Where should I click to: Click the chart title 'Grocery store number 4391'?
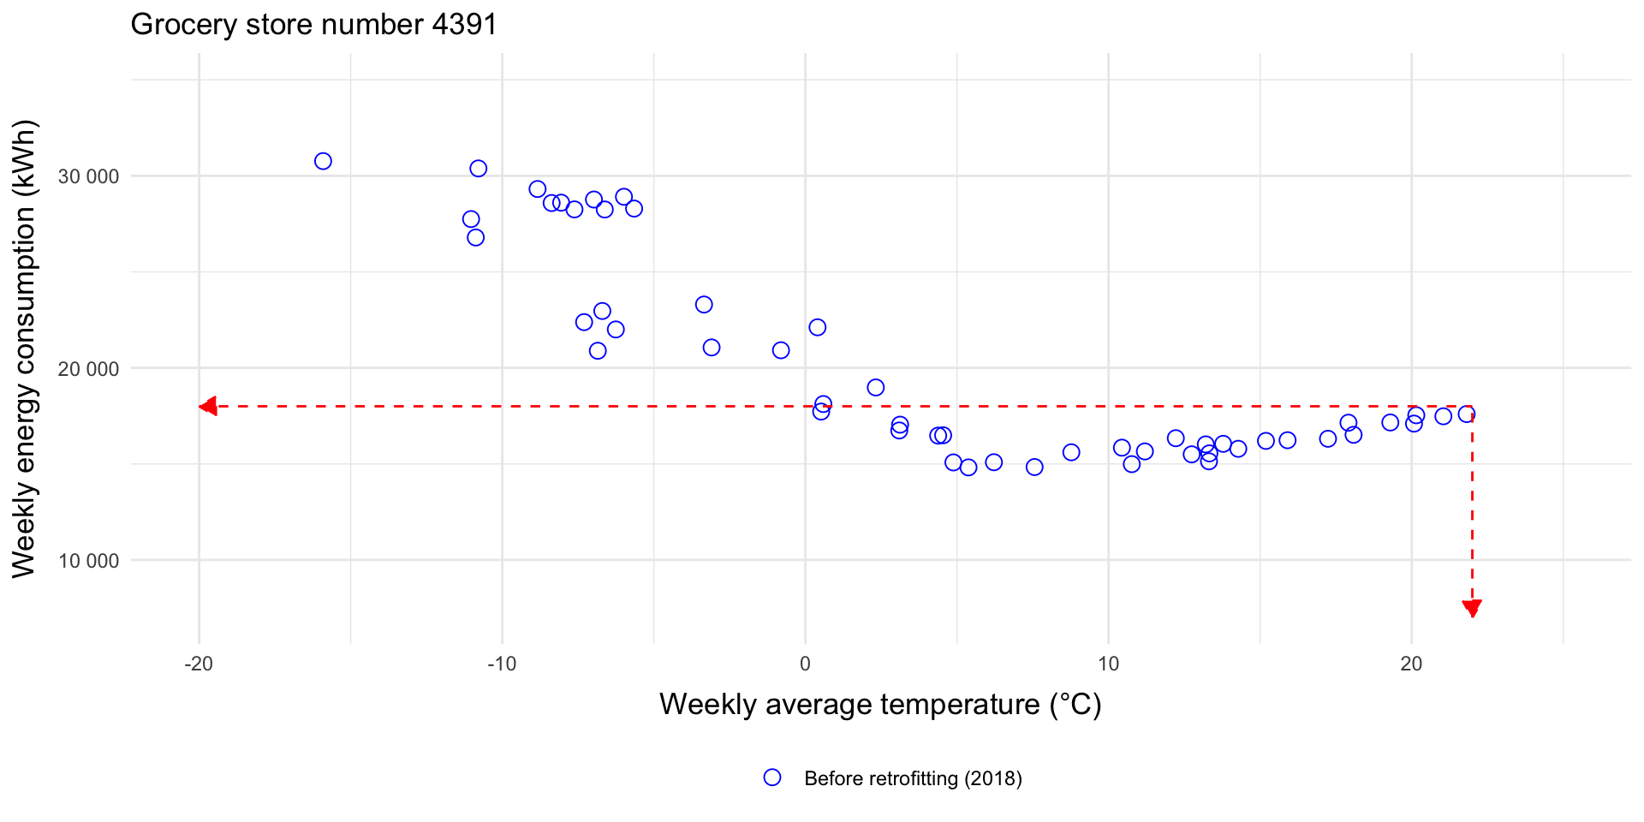[313, 24]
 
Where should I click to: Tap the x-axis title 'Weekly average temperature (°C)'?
[880, 704]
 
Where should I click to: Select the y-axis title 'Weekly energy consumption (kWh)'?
[24, 348]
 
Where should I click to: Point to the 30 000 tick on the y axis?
[88, 176]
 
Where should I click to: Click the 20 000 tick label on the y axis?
[88, 369]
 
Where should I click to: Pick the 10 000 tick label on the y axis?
[88, 561]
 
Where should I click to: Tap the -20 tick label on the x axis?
[199, 664]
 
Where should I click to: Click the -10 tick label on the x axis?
[502, 664]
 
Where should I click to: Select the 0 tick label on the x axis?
[805, 664]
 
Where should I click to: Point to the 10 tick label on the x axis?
[1108, 664]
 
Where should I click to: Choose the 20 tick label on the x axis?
[1411, 664]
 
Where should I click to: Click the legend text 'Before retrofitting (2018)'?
[913, 778]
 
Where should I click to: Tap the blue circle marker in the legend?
[772, 777]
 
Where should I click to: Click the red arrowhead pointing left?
[207, 406]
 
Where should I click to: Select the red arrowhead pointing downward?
[1472, 609]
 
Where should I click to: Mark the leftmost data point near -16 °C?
[323, 161]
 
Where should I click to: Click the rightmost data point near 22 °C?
[1466, 414]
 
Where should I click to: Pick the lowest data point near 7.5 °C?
[1034, 467]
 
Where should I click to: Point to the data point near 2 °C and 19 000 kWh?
[875, 388]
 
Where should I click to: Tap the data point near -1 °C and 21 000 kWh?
[781, 350]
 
